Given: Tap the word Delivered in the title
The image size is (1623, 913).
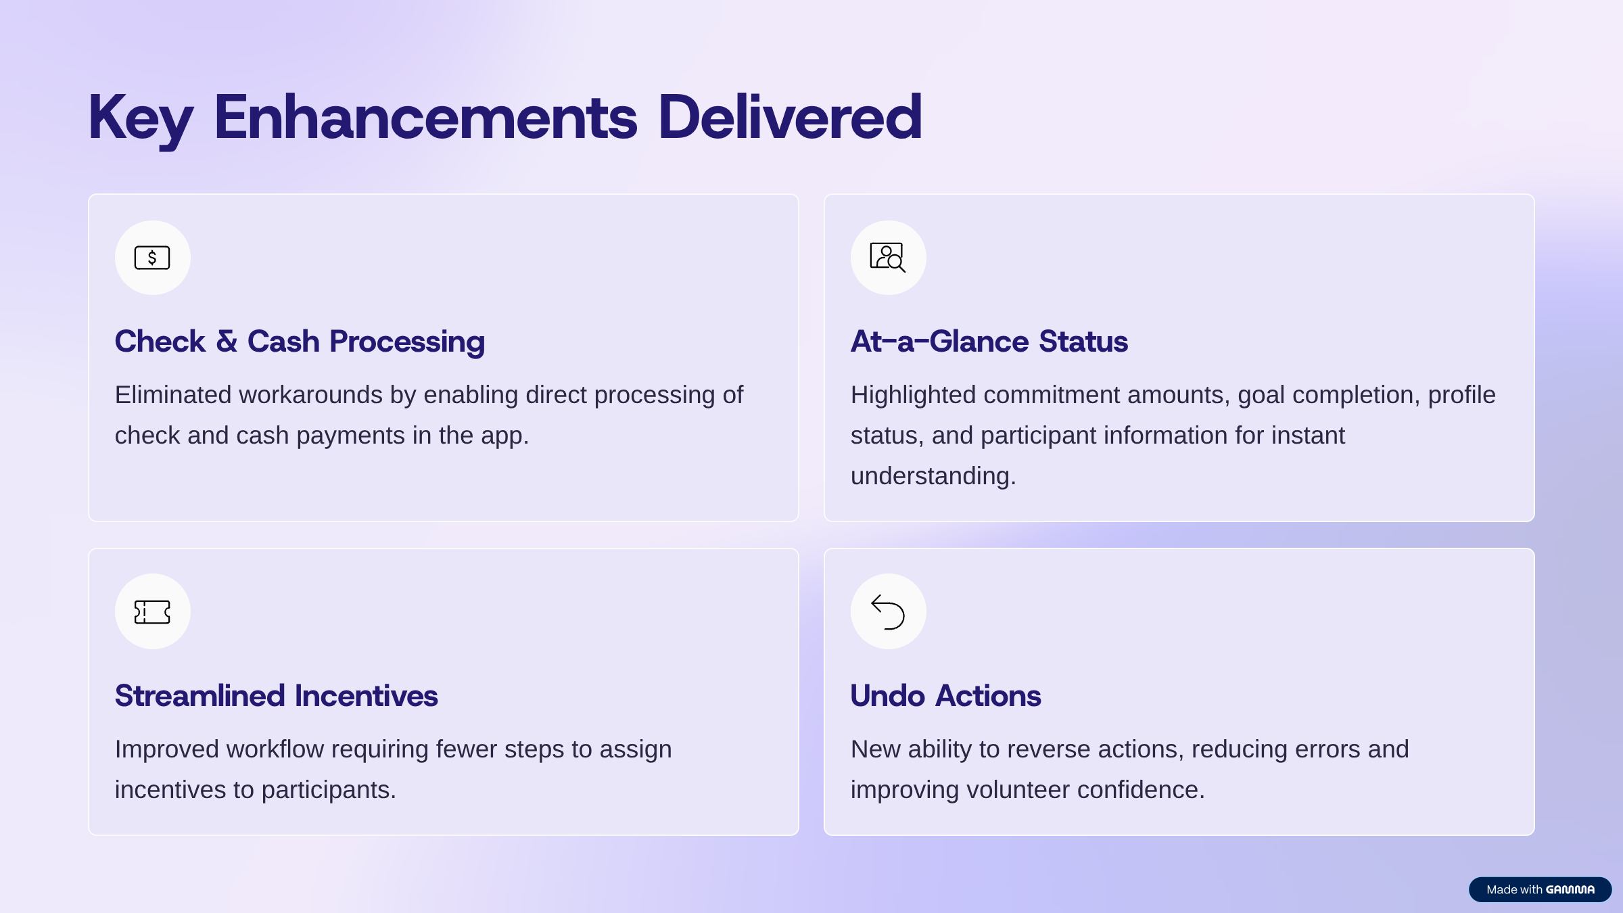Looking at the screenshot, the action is tap(790, 117).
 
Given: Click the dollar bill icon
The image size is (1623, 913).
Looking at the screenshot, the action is tap(152, 258).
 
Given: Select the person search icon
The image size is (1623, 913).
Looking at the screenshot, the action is tap(888, 258).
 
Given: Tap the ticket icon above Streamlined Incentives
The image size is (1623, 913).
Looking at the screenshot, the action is tap(152, 612).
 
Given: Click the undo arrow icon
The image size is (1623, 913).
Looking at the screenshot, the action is tap(888, 612).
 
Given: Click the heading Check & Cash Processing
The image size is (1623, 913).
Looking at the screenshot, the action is tap(300, 342).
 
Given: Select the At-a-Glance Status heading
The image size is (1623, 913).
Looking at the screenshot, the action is tap(989, 342).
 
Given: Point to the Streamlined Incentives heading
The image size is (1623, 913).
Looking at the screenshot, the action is tap(276, 696).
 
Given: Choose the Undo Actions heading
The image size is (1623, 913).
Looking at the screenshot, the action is tap(945, 696).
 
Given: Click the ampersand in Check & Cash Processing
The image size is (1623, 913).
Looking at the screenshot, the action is tap(227, 342).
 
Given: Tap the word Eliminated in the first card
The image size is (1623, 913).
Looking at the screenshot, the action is tap(173, 395).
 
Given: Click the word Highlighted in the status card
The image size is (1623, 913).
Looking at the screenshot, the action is tap(913, 396).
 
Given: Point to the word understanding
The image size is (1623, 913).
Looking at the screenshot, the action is tap(933, 477).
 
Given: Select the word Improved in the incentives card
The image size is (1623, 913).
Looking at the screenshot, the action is tap(167, 750).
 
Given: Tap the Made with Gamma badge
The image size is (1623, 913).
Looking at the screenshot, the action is tap(1540, 889).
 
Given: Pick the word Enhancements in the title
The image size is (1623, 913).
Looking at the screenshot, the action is tap(425, 117).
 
